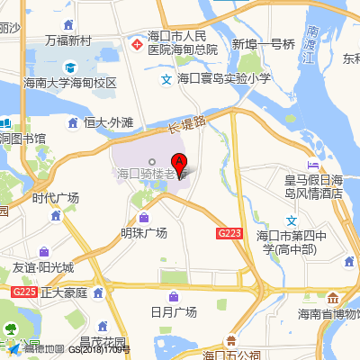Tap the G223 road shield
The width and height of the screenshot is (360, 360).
(229, 233)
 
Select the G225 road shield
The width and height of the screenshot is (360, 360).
(24, 292)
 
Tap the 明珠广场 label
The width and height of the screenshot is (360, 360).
(144, 233)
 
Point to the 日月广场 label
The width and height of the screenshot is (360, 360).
(173, 311)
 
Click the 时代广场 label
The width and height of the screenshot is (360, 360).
(55, 198)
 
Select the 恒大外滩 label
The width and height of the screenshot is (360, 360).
(108, 121)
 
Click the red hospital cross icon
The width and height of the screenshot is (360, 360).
(137, 42)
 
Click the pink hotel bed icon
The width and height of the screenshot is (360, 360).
(312, 165)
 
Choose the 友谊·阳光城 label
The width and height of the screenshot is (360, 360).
(43, 268)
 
